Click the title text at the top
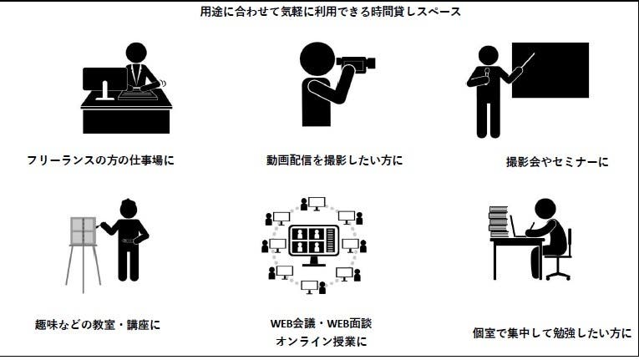point(319,12)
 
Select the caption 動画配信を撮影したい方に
point(329,159)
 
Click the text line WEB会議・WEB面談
point(321,323)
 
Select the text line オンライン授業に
point(321,342)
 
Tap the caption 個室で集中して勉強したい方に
point(552,332)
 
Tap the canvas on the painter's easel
point(82,231)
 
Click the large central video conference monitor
point(312,242)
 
